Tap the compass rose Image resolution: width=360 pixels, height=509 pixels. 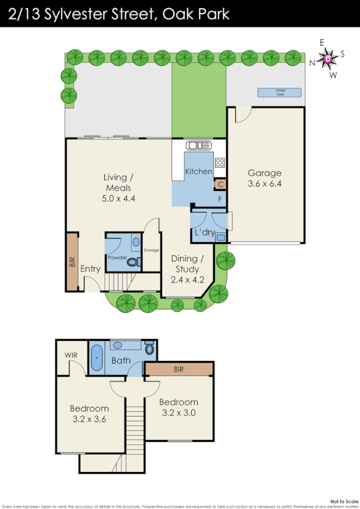coord(327,59)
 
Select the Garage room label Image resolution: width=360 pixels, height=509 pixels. coord(264,173)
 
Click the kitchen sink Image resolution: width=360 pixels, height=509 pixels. coord(200,146)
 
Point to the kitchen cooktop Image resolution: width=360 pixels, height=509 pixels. coord(219,163)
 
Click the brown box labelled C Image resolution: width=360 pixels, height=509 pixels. coord(220,184)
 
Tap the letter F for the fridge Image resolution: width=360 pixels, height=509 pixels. coord(220,199)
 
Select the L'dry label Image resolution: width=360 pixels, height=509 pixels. coord(204,234)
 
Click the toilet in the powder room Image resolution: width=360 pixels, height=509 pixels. coord(132,262)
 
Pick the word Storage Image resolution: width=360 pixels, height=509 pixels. coord(151,250)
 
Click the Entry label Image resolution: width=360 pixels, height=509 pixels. coord(90,269)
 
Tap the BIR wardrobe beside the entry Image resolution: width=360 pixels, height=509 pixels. coord(72,263)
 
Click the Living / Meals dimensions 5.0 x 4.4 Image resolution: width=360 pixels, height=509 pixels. coord(118,198)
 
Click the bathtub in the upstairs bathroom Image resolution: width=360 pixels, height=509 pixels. coord(97,360)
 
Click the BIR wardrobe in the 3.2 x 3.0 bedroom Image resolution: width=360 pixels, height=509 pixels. coord(179,369)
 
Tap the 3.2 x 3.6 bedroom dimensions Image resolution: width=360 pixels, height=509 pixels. coord(89,419)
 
